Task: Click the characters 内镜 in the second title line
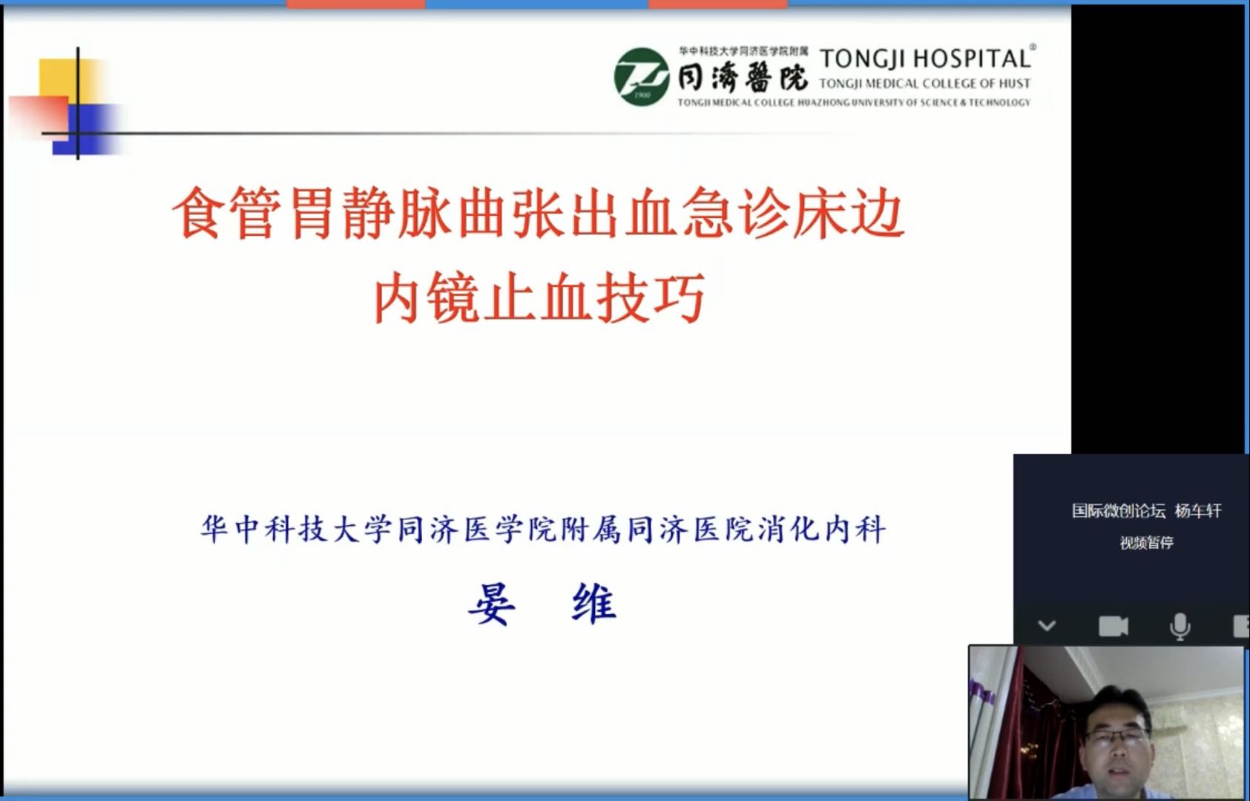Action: [x=426, y=298]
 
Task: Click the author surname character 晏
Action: [x=491, y=604]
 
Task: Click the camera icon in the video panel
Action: [x=1113, y=627]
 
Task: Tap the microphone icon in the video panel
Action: [x=1180, y=627]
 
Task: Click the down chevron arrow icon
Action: [x=1047, y=626]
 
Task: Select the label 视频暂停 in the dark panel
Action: [x=1146, y=543]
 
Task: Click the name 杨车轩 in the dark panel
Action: [x=1197, y=511]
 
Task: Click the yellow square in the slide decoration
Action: [x=59, y=78]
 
